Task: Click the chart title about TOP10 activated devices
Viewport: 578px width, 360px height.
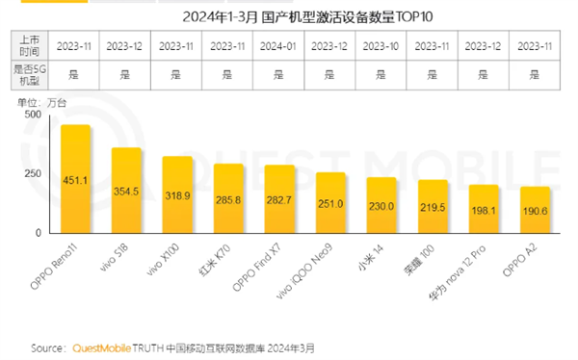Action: pyautogui.click(x=289, y=14)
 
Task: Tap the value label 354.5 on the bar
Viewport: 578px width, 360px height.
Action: pyautogui.click(x=127, y=193)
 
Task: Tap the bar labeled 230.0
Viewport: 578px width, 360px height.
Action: pyautogui.click(x=381, y=206)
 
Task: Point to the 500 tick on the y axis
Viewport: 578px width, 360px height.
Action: pyautogui.click(x=32, y=114)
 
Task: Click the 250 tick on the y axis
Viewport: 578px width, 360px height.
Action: pyautogui.click(x=32, y=172)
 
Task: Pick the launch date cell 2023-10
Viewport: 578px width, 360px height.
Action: pyautogui.click(x=381, y=45)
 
